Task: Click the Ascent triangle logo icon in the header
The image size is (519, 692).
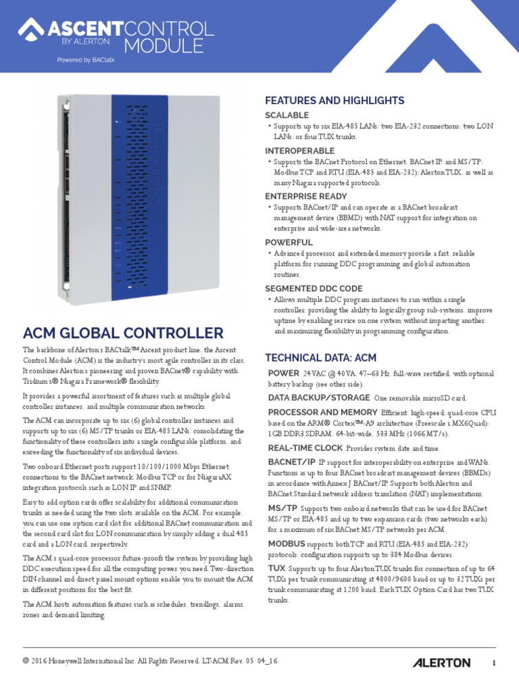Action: [x=29, y=29]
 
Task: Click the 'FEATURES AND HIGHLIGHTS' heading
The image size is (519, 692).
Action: [x=335, y=101]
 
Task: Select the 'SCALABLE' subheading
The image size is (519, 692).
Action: [x=287, y=116]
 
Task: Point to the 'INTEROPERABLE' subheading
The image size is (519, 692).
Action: [x=299, y=151]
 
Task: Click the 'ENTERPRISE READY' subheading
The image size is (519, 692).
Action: [x=305, y=196]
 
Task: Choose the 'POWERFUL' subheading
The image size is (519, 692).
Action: [x=289, y=242]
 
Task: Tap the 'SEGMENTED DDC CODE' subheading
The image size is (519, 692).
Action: [x=314, y=288]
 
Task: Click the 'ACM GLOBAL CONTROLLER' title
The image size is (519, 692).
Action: [x=123, y=333]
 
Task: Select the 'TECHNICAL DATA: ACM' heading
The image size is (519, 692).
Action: [x=320, y=357]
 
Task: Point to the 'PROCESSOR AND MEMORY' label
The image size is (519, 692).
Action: [x=322, y=412]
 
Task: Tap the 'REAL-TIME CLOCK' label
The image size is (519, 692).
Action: [x=305, y=448]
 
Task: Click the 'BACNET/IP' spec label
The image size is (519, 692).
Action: [x=291, y=462]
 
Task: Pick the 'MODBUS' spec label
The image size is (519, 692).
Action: [x=287, y=543]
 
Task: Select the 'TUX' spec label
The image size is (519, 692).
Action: [x=276, y=569]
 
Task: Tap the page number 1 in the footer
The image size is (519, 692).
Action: [x=494, y=663]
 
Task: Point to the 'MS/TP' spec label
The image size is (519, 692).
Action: [x=281, y=508]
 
